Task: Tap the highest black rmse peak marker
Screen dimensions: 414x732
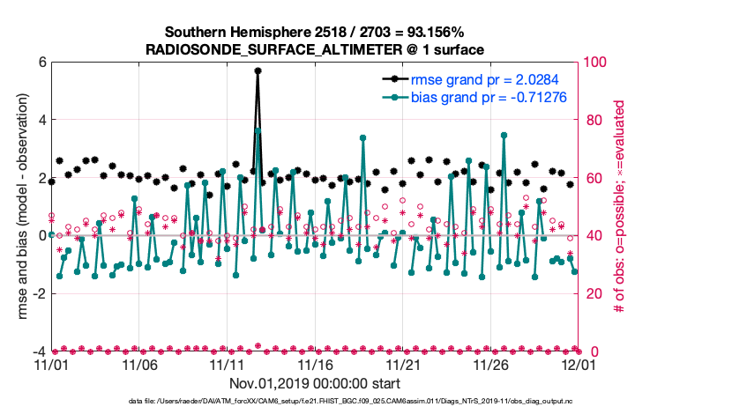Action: (x=258, y=70)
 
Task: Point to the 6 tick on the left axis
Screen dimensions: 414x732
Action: (x=40, y=63)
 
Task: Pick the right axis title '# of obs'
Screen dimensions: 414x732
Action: (x=622, y=207)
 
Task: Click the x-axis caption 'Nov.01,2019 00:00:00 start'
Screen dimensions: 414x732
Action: (x=315, y=383)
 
